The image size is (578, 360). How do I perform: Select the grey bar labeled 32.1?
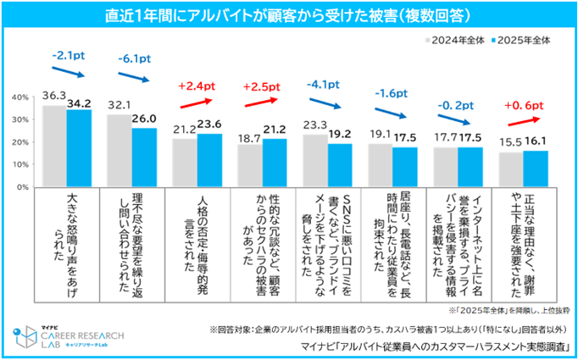click(x=119, y=150)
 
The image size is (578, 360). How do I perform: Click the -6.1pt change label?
click(x=134, y=60)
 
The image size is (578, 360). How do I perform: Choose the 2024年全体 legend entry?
click(x=453, y=39)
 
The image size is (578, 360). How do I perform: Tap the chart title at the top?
click(x=289, y=16)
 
